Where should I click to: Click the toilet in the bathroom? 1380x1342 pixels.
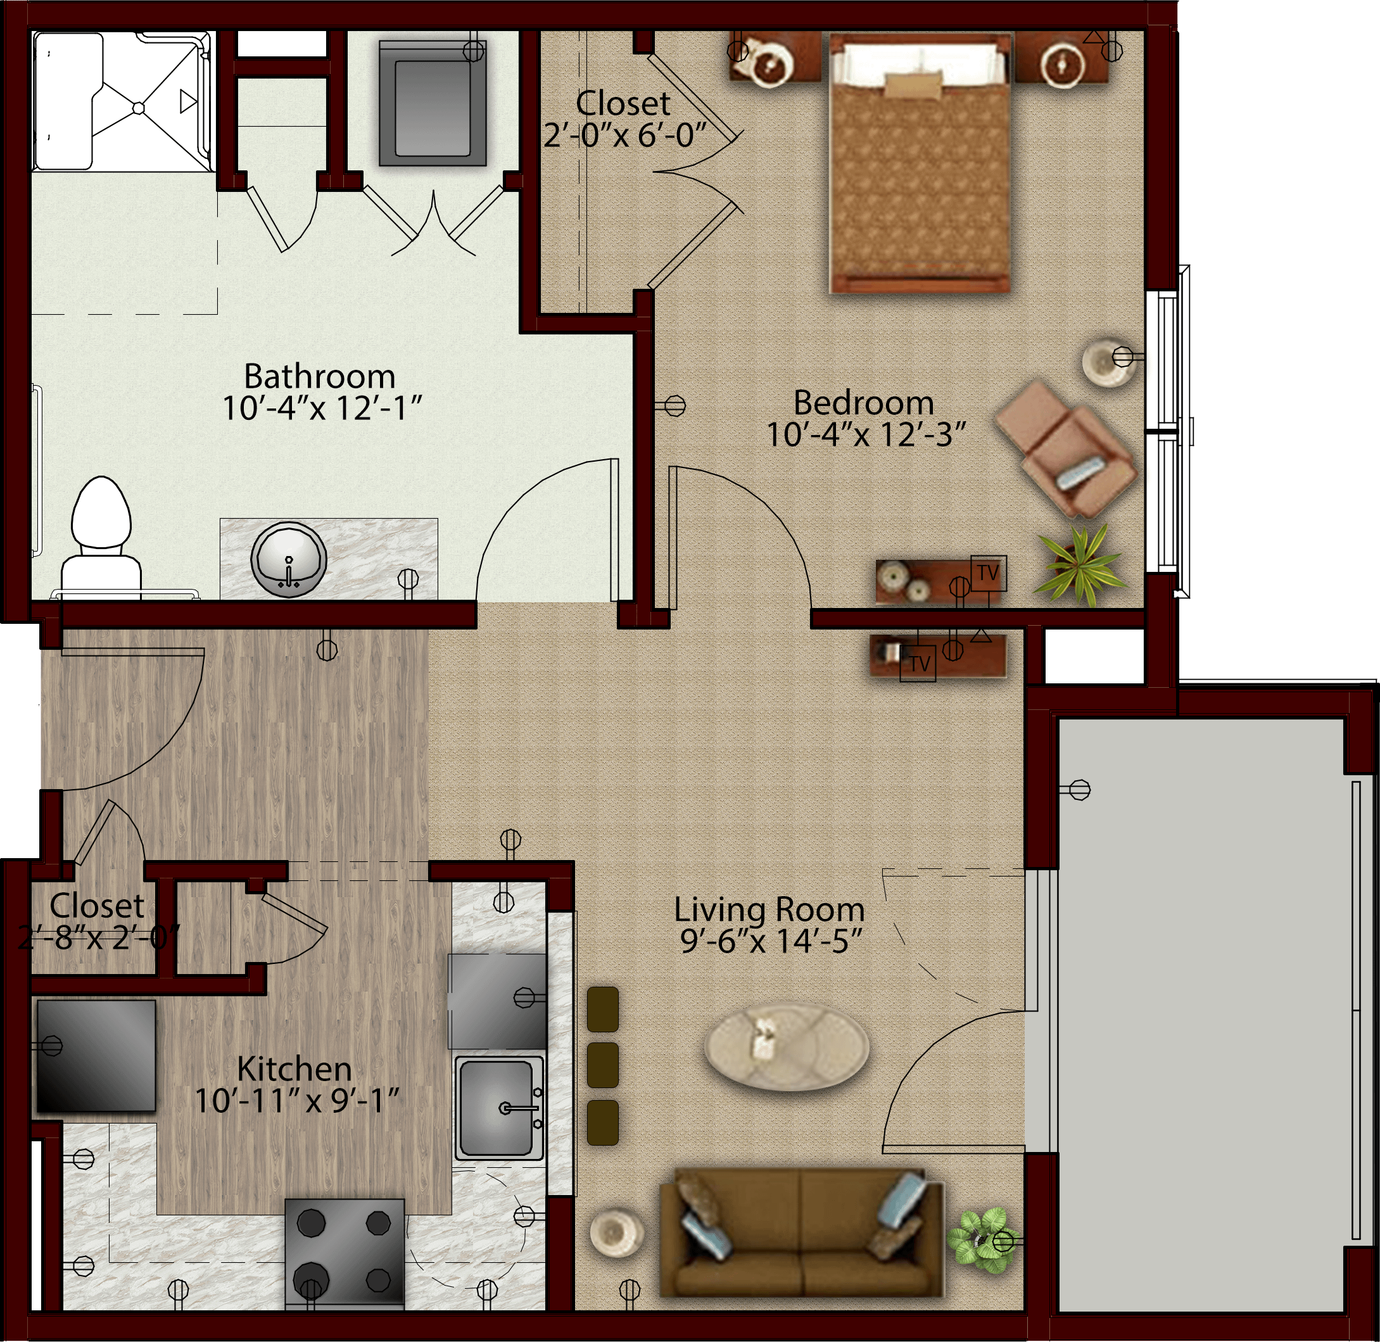(x=101, y=538)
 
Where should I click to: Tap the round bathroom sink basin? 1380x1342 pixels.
(x=288, y=559)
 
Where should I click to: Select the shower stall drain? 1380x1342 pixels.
(x=138, y=108)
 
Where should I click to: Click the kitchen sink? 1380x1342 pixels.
(x=499, y=1109)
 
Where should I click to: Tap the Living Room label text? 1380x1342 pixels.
(x=769, y=909)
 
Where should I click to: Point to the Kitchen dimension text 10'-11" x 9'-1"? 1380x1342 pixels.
(x=297, y=1101)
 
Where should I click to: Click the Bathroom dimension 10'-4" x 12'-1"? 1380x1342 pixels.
(x=322, y=408)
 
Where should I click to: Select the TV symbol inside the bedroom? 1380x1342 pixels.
(x=988, y=574)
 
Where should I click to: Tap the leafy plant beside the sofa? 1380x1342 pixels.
(x=978, y=1238)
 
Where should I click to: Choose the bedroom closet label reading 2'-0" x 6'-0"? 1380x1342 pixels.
(x=624, y=134)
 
